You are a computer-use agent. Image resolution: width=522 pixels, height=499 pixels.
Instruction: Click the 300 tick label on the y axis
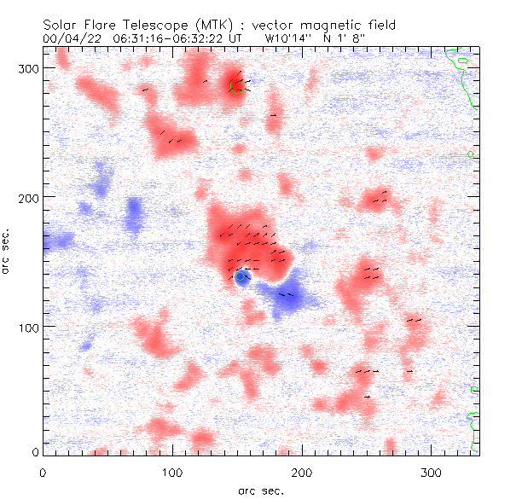pos(28,68)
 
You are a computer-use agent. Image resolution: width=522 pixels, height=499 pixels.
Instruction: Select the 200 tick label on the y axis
pos(28,198)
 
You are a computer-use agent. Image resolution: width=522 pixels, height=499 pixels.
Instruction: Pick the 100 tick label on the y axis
pos(28,328)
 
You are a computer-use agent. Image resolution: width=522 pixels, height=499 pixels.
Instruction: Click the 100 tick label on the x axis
pos(172,472)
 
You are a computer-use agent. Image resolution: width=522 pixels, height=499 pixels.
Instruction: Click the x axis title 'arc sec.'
pos(260,490)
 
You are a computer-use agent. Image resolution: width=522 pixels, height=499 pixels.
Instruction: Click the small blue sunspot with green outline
pos(242,279)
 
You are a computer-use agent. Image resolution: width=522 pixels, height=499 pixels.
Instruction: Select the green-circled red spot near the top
pos(236,85)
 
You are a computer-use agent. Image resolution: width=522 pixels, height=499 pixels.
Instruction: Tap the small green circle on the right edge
pos(471,154)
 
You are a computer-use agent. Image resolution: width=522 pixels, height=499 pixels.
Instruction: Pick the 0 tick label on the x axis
pos(43,472)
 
